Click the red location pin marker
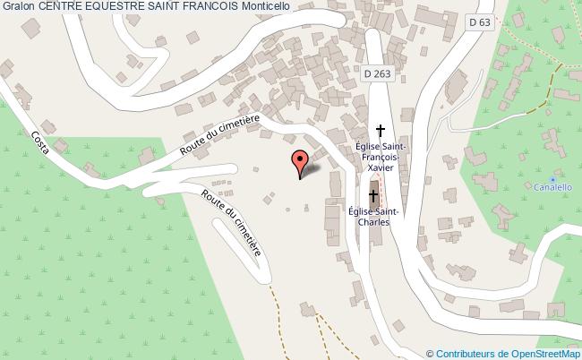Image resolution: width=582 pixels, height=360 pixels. click(299, 162)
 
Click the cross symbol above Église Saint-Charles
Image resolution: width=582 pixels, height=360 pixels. click(373, 194)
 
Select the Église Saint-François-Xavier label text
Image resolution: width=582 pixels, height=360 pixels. click(382, 155)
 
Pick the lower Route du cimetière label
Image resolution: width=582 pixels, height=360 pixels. click(232, 221)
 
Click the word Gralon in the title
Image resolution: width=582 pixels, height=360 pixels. click(18, 6)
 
